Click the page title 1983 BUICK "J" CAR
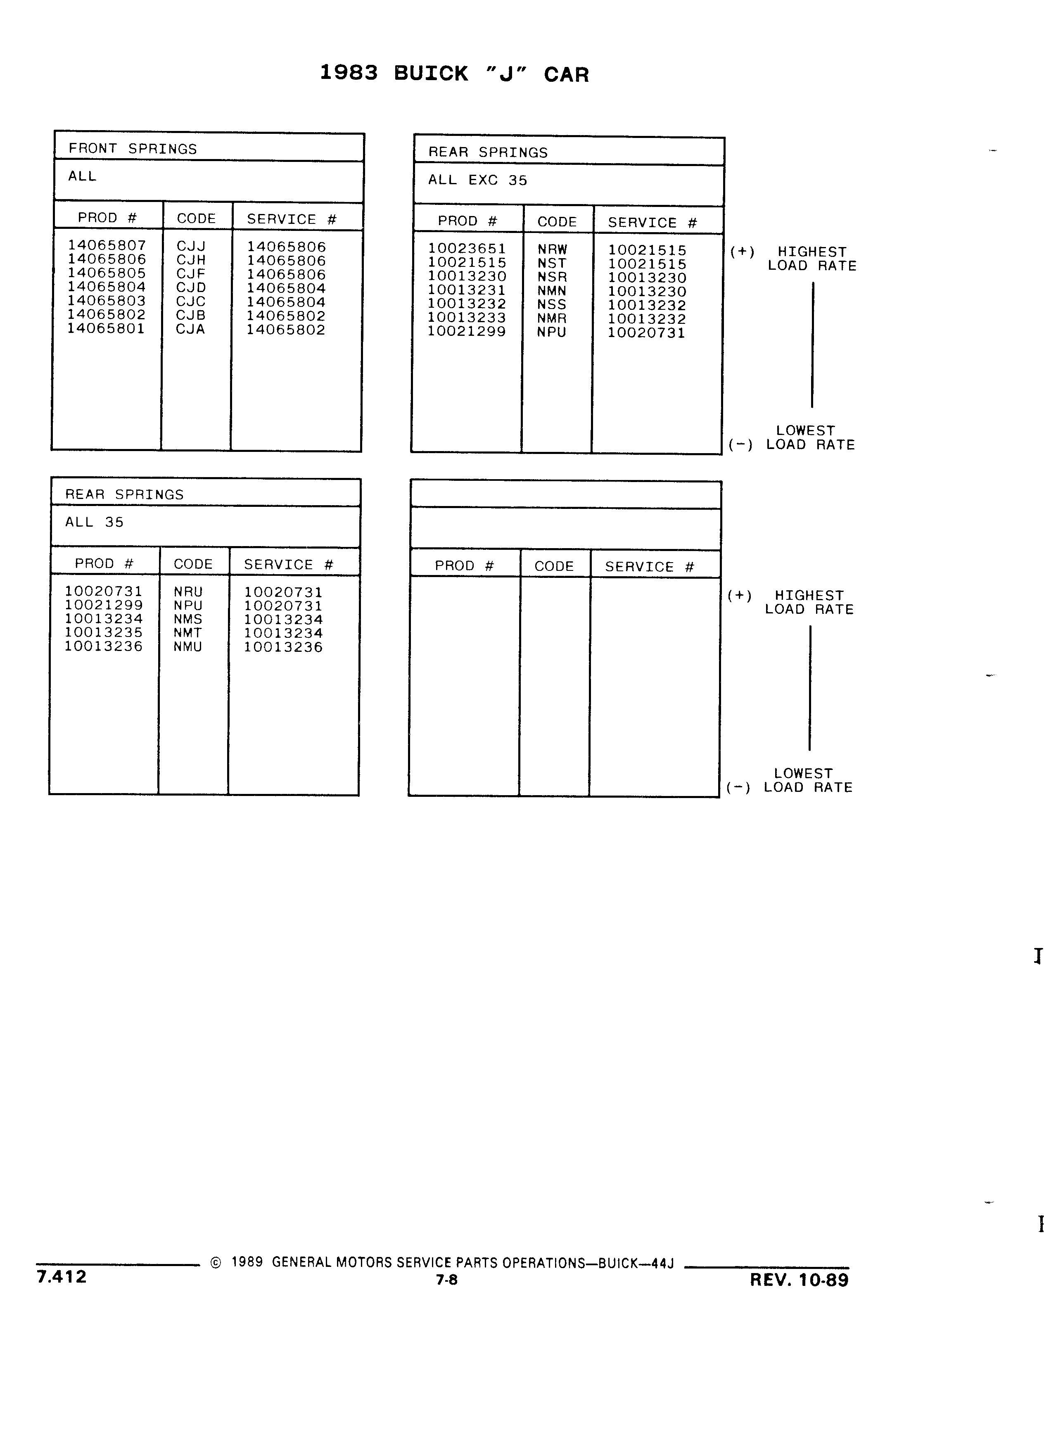click(454, 74)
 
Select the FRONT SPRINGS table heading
click(133, 149)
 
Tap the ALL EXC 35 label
click(477, 180)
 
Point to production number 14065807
click(107, 245)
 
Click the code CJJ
click(191, 246)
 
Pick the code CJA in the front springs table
click(190, 329)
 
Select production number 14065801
click(107, 328)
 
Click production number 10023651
click(467, 248)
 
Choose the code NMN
click(552, 290)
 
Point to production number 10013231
click(467, 290)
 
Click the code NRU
click(188, 592)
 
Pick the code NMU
click(188, 647)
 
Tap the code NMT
click(188, 633)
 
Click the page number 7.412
click(62, 1276)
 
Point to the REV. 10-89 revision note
click(799, 1280)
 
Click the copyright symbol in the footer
click(216, 1263)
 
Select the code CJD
click(191, 287)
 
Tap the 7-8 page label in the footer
click(447, 1280)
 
